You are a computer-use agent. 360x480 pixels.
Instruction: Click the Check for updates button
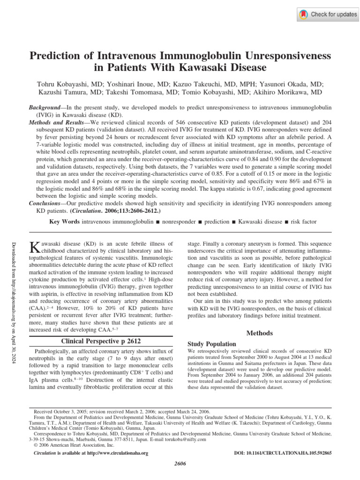click(328, 15)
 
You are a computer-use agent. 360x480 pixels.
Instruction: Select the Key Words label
click(65, 221)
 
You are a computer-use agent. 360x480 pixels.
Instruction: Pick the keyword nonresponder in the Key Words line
click(180, 221)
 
